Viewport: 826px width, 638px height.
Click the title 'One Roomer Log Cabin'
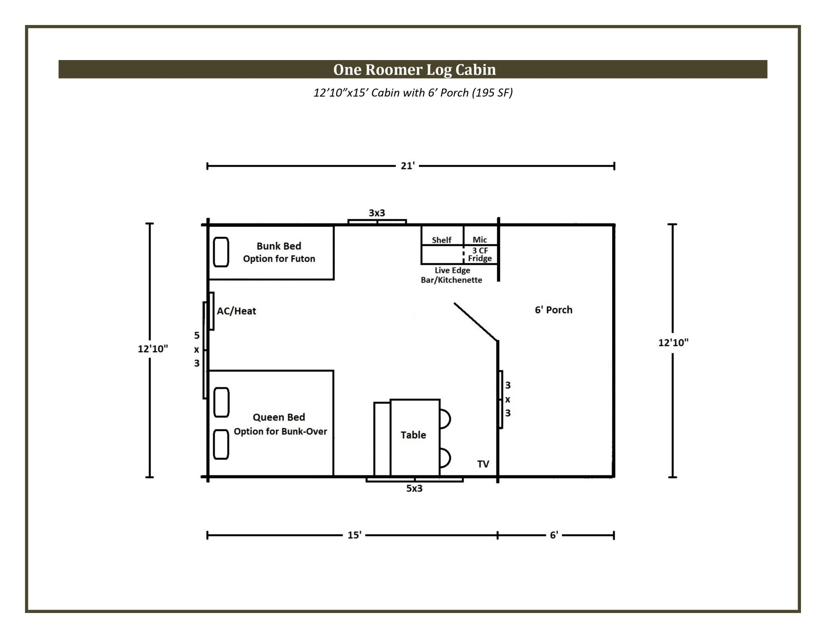click(x=414, y=70)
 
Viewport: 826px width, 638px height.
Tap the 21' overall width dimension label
click(x=407, y=166)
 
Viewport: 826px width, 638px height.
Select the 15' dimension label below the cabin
click(x=355, y=535)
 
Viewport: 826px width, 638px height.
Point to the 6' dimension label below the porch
click(x=554, y=535)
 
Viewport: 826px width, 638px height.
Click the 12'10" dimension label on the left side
click(x=153, y=349)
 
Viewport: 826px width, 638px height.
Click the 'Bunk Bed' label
click(x=279, y=246)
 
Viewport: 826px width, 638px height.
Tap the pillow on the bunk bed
click(x=221, y=252)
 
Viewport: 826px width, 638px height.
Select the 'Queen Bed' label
click(x=279, y=417)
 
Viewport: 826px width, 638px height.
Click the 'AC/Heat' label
click(x=236, y=311)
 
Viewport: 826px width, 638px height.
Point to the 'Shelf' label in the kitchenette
click(x=442, y=240)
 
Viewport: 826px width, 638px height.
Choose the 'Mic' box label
click(x=480, y=240)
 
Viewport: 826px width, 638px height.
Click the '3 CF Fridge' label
click(x=480, y=254)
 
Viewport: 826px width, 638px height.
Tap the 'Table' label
click(x=413, y=435)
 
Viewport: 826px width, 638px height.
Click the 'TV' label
click(x=483, y=464)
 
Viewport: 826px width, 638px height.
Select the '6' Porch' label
click(x=553, y=310)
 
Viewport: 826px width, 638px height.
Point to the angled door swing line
click(x=476, y=322)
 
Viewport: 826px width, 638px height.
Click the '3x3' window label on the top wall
click(x=377, y=213)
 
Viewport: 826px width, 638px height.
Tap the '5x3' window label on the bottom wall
click(x=414, y=488)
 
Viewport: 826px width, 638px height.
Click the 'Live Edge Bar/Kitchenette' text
click(x=452, y=275)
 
